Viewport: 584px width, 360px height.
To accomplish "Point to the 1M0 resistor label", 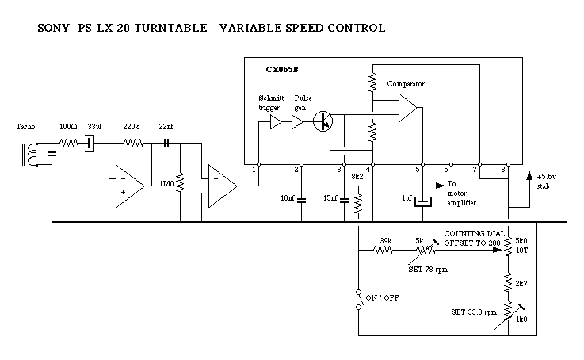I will pos(166,184).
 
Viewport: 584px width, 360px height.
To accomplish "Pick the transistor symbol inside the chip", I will pos(323,121).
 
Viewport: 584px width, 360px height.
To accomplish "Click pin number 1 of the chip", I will pos(254,169).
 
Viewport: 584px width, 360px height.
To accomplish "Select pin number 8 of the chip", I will pos(504,169).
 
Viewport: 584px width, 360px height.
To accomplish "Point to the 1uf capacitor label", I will pos(407,197).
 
